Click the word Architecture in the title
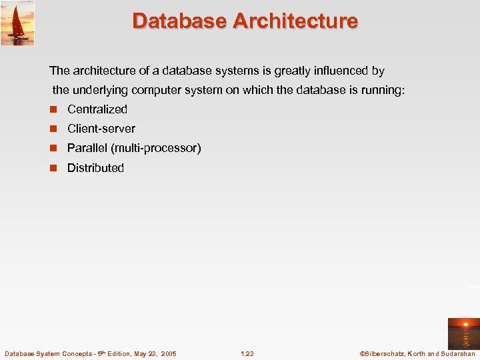[x=295, y=21]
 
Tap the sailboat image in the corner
[x=17, y=23]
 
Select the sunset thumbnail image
[x=463, y=333]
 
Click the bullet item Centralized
[x=97, y=109]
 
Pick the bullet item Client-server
[x=101, y=129]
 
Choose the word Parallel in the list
[x=87, y=148]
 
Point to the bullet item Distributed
[x=95, y=168]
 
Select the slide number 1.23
[x=247, y=353]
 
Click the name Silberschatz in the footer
[x=387, y=353]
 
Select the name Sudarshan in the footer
[x=458, y=353]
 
